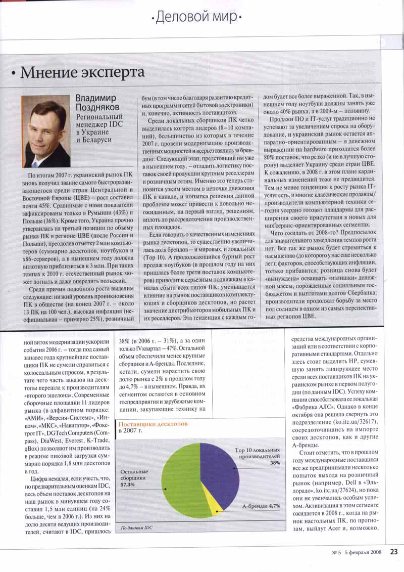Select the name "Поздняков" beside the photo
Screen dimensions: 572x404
point(98,109)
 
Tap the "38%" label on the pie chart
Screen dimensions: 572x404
point(275,463)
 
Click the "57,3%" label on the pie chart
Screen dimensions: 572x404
point(127,485)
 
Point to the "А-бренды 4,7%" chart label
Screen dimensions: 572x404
point(261,505)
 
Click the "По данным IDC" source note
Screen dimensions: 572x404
point(136,529)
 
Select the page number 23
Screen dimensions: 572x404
point(394,552)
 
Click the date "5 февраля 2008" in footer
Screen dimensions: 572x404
point(360,552)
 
